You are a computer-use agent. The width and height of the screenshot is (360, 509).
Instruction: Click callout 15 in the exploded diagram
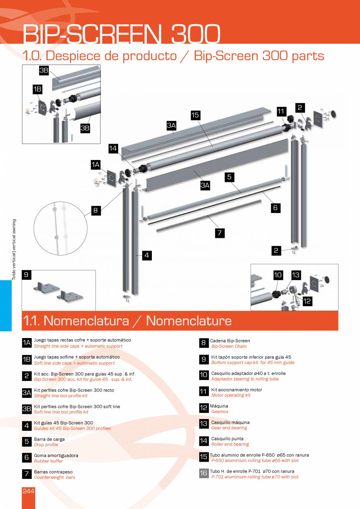tap(196, 115)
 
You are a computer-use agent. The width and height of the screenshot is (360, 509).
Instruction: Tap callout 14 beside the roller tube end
tap(113, 148)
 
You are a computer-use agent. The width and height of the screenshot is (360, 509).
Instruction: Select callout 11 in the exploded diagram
tap(281, 111)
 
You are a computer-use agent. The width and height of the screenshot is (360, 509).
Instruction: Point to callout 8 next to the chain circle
tap(95, 210)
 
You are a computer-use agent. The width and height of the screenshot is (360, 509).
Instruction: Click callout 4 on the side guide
tap(147, 255)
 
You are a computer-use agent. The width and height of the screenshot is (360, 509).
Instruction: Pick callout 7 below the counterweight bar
tap(220, 233)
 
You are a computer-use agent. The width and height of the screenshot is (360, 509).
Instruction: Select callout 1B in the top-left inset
tap(38, 90)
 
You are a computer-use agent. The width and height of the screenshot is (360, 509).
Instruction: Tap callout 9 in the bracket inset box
tap(26, 275)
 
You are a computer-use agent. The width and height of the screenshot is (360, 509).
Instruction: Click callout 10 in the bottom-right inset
tap(278, 275)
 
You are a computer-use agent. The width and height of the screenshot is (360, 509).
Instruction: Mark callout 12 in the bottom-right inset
tap(307, 301)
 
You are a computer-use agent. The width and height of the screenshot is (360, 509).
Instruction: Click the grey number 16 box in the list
tap(204, 473)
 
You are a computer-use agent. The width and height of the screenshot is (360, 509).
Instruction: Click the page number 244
tap(28, 491)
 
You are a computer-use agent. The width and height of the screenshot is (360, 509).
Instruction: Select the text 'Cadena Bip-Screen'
tap(230, 341)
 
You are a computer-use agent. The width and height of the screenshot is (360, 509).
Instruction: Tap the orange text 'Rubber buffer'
tap(48, 461)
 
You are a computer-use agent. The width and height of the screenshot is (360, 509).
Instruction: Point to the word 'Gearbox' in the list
tap(220, 412)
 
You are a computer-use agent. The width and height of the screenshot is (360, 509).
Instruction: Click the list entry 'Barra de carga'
tap(49, 439)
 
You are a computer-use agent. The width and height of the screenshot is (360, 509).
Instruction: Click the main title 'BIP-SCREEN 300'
tap(121, 34)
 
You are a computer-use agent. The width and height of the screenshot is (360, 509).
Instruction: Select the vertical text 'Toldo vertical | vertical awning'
tap(14, 249)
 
